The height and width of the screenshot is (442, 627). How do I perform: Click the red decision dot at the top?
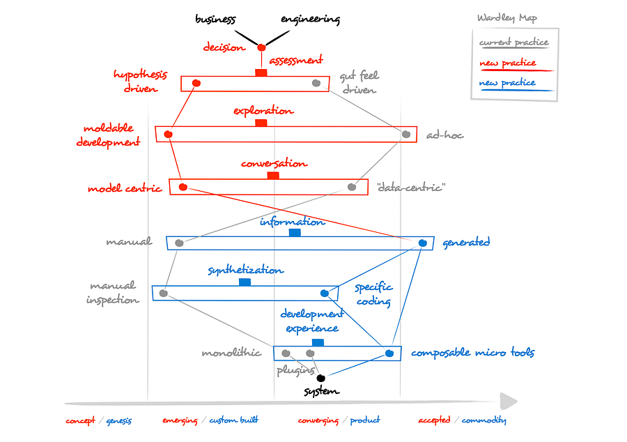[x=261, y=47]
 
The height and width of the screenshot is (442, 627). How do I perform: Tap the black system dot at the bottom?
[x=321, y=379]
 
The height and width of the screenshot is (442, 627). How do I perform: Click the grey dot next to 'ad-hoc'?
[x=406, y=135]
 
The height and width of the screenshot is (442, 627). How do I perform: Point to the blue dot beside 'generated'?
[x=422, y=243]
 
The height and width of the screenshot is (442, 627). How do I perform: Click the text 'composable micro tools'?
[x=472, y=353]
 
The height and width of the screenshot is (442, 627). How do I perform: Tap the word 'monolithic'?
[x=231, y=353]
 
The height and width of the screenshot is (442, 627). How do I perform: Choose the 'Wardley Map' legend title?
[x=507, y=18]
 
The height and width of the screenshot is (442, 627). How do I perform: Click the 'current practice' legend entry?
[x=513, y=43]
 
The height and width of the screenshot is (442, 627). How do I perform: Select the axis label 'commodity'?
[x=484, y=420]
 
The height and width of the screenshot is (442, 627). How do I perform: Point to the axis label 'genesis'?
[x=119, y=420]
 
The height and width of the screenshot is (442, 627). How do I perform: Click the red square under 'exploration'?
[x=261, y=123]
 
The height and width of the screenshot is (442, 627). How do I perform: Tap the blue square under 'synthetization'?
[x=245, y=282]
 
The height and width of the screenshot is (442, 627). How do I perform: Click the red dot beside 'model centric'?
[x=183, y=187]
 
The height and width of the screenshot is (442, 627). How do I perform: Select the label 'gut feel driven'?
[x=359, y=83]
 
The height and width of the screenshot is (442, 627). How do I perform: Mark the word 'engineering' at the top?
[x=310, y=20]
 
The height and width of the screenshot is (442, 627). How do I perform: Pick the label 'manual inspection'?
[x=112, y=292]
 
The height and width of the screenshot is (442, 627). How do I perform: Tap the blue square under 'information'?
[x=295, y=233]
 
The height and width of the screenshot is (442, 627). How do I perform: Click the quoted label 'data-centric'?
[x=410, y=187]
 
